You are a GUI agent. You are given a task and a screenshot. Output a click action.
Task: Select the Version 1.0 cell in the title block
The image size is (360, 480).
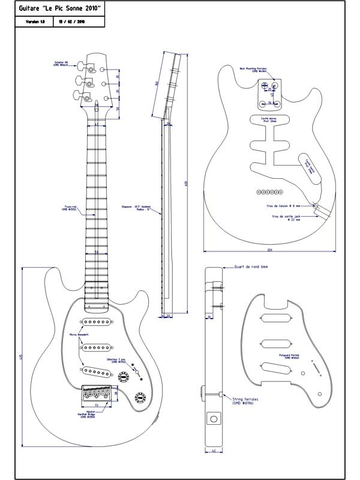click(x=35, y=22)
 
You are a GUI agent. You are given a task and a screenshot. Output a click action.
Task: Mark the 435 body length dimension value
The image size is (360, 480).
click(x=22, y=357)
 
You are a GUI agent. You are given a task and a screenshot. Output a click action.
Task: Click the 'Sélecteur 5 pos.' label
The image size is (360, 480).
click(x=116, y=361)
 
